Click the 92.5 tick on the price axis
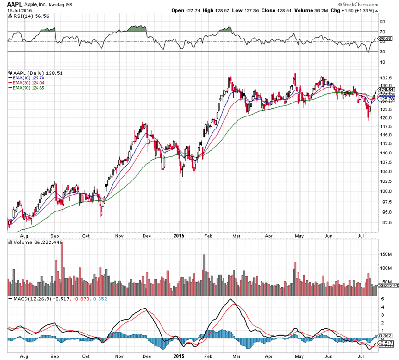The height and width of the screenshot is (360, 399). coord(384,223)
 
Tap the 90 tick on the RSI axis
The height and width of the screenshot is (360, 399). coord(383,22)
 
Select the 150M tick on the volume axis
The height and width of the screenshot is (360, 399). coord(385,253)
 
